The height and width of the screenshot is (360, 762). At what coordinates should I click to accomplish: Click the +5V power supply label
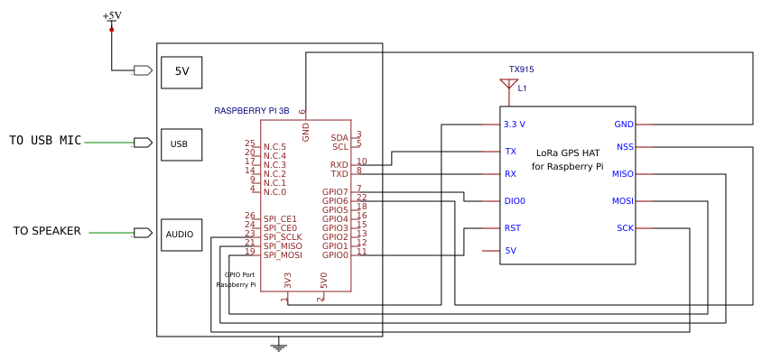(112, 16)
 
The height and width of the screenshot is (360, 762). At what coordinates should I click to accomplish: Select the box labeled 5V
(181, 72)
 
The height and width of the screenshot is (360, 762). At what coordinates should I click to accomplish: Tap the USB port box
(181, 144)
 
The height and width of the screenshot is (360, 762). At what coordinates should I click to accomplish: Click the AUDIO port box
(181, 235)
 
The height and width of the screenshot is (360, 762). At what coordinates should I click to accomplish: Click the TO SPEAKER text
(47, 231)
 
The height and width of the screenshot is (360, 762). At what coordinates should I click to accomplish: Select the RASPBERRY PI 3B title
(252, 111)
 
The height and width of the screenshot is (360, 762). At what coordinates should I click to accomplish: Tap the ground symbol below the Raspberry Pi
(279, 345)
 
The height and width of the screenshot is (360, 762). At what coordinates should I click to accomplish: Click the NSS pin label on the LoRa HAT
(625, 147)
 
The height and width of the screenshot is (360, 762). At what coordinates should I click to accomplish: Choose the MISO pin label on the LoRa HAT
(623, 174)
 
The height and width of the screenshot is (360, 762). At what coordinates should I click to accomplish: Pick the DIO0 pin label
(515, 201)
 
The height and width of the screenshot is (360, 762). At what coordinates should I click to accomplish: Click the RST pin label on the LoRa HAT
(512, 228)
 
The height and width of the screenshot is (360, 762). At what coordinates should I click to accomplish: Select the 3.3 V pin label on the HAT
(515, 125)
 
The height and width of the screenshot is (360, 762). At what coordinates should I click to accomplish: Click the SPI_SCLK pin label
(283, 236)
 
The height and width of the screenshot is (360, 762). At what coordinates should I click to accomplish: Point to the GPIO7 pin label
(335, 192)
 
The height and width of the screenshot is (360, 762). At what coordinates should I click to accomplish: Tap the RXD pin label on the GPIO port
(339, 165)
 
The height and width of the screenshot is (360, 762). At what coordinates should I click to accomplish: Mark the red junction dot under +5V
(112, 30)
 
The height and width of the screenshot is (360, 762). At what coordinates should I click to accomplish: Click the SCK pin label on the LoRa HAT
(625, 228)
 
